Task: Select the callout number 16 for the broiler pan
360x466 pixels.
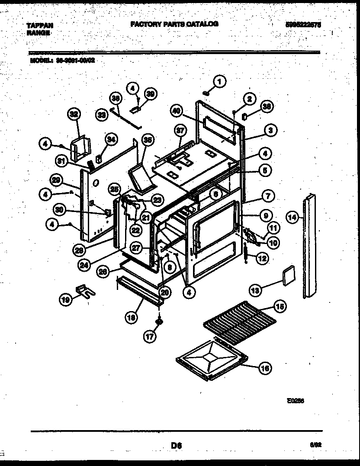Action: click(x=265, y=369)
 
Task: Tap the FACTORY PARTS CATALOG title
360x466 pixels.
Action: click(x=174, y=24)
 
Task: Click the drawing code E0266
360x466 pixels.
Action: click(x=295, y=401)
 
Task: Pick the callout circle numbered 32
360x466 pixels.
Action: click(x=75, y=115)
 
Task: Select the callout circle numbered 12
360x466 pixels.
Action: click(x=262, y=258)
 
